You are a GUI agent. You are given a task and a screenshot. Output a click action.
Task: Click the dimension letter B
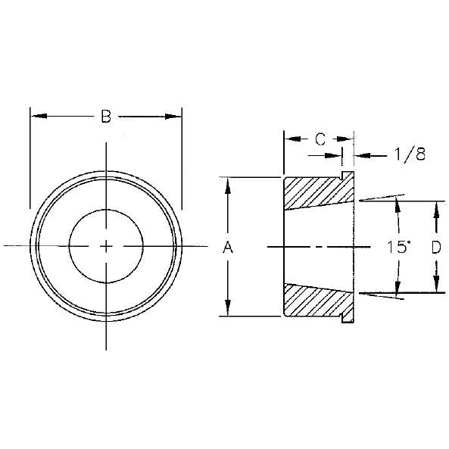point(105,117)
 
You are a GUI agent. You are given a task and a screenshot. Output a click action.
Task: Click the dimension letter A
point(226,247)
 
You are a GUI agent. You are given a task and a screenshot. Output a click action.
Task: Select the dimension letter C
point(320,139)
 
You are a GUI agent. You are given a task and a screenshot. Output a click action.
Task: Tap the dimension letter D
point(435,247)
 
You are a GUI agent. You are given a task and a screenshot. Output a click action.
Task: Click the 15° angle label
point(398,247)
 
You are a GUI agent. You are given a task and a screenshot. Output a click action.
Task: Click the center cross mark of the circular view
point(106,245)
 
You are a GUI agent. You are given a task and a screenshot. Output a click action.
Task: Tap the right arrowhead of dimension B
point(175,116)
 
